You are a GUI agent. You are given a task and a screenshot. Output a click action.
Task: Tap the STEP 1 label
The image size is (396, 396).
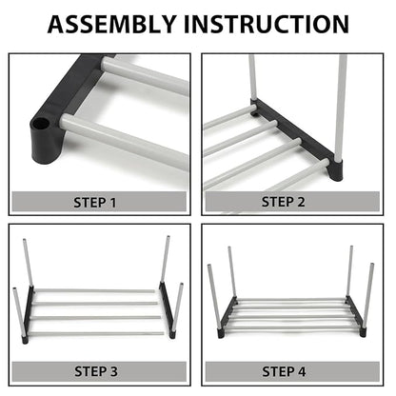(x=99, y=202)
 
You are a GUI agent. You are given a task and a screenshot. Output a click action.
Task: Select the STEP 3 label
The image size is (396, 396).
(x=99, y=370)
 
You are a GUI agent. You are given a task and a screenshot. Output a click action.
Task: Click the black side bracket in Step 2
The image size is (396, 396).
(x=295, y=133)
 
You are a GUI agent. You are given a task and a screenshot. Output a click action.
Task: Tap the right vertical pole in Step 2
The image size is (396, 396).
(x=341, y=105)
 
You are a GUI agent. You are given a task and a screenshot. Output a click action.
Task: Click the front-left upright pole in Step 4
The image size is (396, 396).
(x=212, y=295)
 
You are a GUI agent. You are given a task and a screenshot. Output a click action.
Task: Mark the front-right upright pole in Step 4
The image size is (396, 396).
(x=368, y=295)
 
